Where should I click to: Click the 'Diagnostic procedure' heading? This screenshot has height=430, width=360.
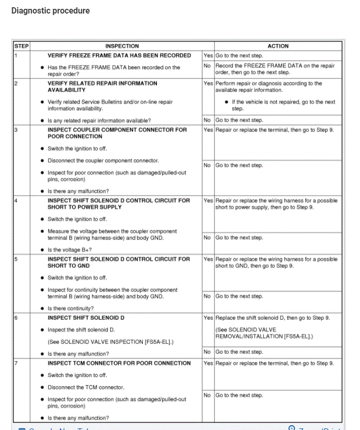pyautogui.click(x=50, y=11)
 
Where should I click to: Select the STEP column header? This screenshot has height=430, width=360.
pyautogui.click(x=21, y=46)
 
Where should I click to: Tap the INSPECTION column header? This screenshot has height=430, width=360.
pyautogui.click(x=122, y=46)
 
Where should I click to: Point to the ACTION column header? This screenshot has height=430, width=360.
pyautogui.click(x=278, y=46)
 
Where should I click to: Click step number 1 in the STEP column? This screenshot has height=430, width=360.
pyautogui.click(x=16, y=55)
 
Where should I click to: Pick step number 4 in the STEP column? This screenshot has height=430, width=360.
pyautogui.click(x=16, y=200)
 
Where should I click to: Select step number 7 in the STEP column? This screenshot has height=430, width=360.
pyautogui.click(x=16, y=363)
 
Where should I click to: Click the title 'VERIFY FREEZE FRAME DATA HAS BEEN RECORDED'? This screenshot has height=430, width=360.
pyautogui.click(x=119, y=55)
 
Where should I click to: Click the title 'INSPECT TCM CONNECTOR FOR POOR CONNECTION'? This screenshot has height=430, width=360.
pyautogui.click(x=119, y=363)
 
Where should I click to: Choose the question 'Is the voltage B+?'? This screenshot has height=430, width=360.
pyautogui.click(x=73, y=250)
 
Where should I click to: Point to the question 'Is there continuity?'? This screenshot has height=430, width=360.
pyautogui.click(x=74, y=308)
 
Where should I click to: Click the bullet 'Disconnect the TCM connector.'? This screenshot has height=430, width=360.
pyautogui.click(x=86, y=387)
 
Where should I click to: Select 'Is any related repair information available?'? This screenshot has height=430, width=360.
pyautogui.click(x=99, y=120)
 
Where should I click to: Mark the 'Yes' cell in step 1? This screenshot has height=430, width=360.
pyautogui.click(x=208, y=55)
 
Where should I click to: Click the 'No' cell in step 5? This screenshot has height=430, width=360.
pyautogui.click(x=207, y=296)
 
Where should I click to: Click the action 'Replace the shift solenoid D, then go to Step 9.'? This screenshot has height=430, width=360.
pyautogui.click(x=272, y=318)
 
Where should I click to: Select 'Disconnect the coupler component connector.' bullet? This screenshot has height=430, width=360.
pyautogui.click(x=103, y=161)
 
